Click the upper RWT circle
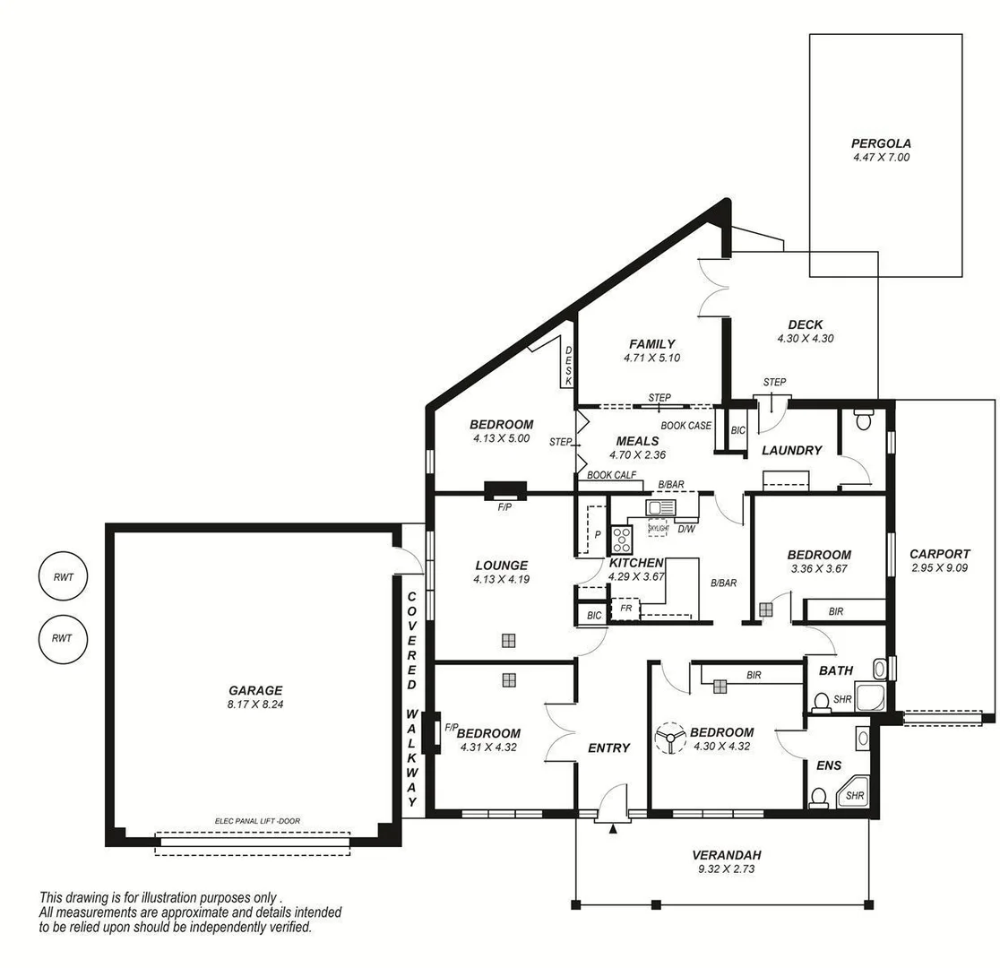click(x=61, y=577)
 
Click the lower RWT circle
click(x=61, y=638)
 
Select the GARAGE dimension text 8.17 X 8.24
click(x=255, y=704)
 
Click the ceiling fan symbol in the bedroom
click(x=668, y=739)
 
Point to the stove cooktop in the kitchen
click(x=622, y=540)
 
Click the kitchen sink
click(x=661, y=508)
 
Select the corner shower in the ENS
click(x=853, y=792)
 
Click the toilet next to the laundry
click(x=864, y=419)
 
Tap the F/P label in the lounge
click(x=505, y=506)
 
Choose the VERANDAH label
click(x=726, y=855)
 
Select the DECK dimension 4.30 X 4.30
click(x=805, y=339)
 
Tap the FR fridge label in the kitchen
click(x=625, y=608)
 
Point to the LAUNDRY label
click(x=791, y=450)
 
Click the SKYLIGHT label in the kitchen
click(x=658, y=529)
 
